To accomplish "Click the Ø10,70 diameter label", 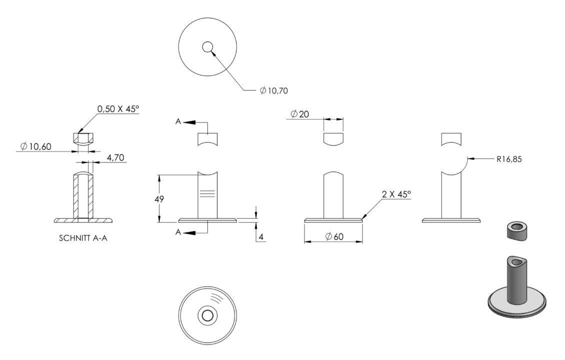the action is pos(274,90).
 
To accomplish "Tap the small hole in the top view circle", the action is pos(207,47).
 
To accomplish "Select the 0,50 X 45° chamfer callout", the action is pos(118,109).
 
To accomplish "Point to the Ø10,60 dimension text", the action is pos(36,146).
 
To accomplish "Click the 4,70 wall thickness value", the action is pos(115,157).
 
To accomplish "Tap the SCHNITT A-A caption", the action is pos(83,238).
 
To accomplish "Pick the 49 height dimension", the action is pos(159,199).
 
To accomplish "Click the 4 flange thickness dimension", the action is pos(261,237).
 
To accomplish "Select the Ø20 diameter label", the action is pos(300,114).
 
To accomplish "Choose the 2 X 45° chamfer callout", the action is pos(396,194).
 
